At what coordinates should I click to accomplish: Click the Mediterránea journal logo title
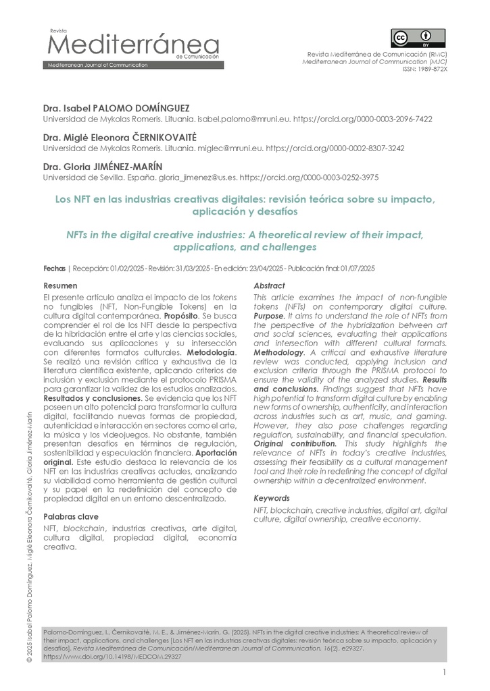(x=132, y=46)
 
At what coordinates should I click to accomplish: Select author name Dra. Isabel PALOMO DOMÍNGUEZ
(x=117, y=108)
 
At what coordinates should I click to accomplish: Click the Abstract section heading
(x=269, y=286)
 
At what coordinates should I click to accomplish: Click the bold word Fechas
(x=54, y=269)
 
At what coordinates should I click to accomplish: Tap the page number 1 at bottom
(x=444, y=672)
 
